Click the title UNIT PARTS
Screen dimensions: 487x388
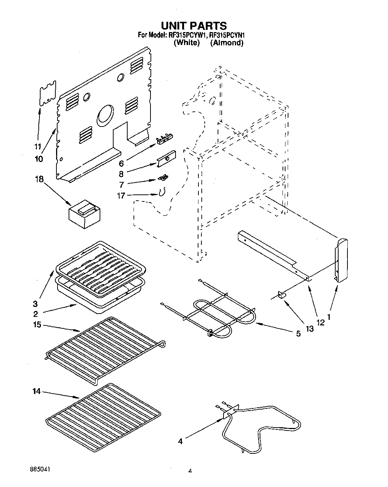point(194,25)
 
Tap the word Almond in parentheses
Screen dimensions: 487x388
point(227,43)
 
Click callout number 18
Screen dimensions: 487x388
point(39,179)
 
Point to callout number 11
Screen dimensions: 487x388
point(37,146)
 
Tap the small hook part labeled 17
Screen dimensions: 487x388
point(162,193)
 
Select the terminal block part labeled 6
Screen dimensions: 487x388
point(164,138)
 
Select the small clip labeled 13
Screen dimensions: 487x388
point(282,295)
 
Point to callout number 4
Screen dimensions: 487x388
point(180,441)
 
